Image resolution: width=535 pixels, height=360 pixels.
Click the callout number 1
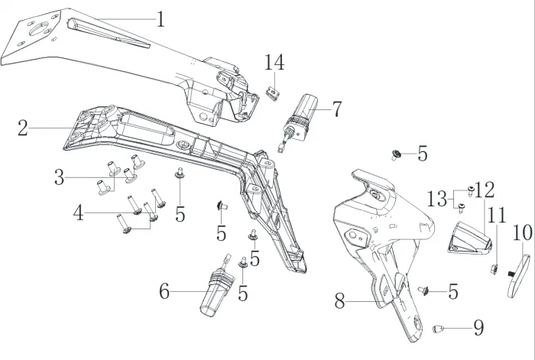tap(160, 19)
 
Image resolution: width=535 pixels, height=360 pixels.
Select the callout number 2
tap(23, 128)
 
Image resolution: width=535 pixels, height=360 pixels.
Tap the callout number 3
tap(60, 178)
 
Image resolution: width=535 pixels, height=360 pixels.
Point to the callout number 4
tap(79, 213)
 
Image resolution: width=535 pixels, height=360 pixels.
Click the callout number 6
tap(164, 291)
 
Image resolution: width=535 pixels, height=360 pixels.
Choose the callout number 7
tap(336, 109)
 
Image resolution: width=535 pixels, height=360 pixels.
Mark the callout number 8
tap(340, 300)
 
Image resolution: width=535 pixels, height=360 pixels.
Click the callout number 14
tap(274, 63)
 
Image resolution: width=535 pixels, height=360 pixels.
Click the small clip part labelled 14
tap(271, 92)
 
